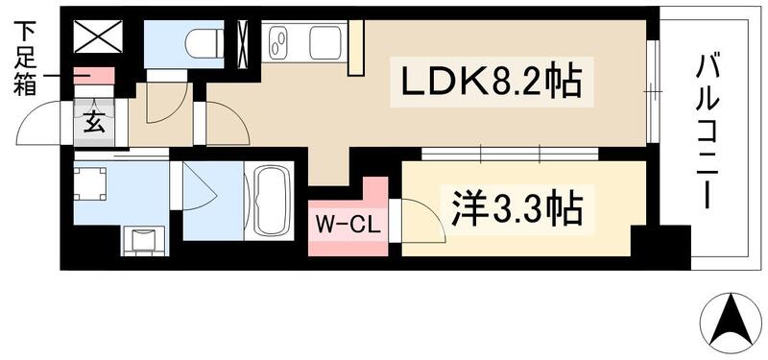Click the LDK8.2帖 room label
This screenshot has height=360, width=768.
pos(485,82)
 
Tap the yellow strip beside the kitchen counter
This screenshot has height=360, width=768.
pos(356,48)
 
